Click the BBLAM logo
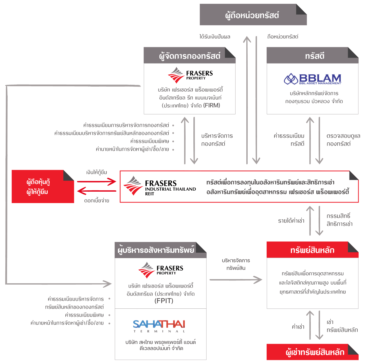[x=313, y=79]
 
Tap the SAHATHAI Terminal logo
[x=159, y=326]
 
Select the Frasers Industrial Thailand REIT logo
[x=160, y=186]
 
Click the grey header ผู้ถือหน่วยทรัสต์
[x=252, y=15]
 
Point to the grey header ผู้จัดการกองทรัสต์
[x=189, y=56]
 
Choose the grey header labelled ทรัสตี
[x=314, y=56]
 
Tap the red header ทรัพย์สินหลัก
[x=312, y=250]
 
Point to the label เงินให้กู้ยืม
[x=97, y=173]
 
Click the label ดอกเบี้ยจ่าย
[x=97, y=201]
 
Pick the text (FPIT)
[x=164, y=301]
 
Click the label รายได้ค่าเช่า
[x=291, y=221]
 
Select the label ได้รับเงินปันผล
[x=215, y=37]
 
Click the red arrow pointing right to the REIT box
[x=97, y=182]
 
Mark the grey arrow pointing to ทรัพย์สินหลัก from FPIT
[x=236, y=280]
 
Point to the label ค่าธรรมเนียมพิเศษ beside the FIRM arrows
[x=150, y=141]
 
